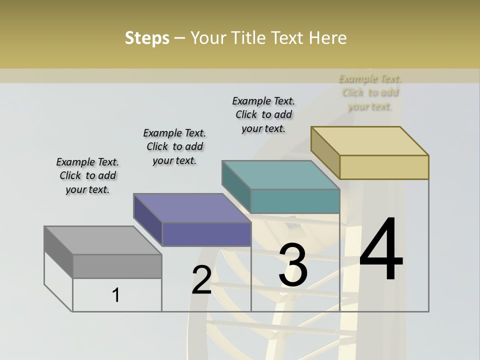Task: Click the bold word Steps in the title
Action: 147,38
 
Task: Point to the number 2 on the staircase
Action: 201,279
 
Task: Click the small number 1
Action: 116,295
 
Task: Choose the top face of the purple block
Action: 192,208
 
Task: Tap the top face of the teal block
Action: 280,175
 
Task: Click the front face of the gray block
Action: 117,266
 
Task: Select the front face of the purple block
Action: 206,234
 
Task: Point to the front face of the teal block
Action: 295,201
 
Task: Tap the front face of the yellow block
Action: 384,167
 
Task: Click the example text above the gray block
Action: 87,175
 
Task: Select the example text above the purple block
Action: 174,146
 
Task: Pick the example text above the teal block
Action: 263,114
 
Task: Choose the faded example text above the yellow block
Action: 370,92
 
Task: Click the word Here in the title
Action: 328,38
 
